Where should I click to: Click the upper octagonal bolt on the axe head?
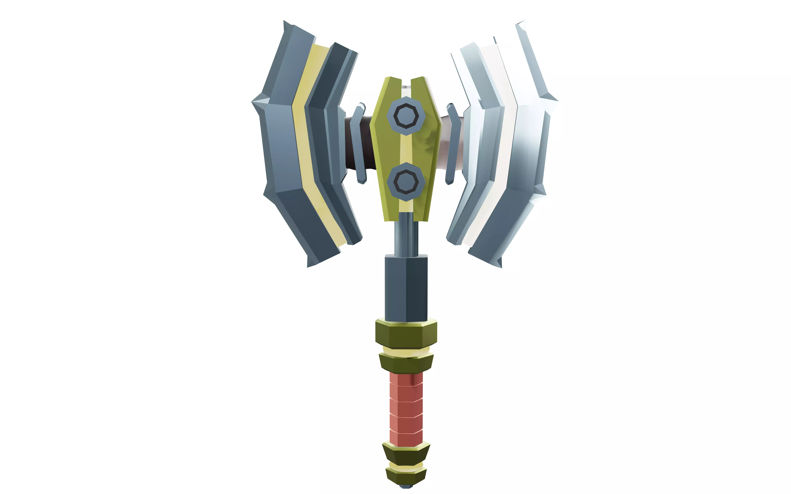[406, 116]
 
